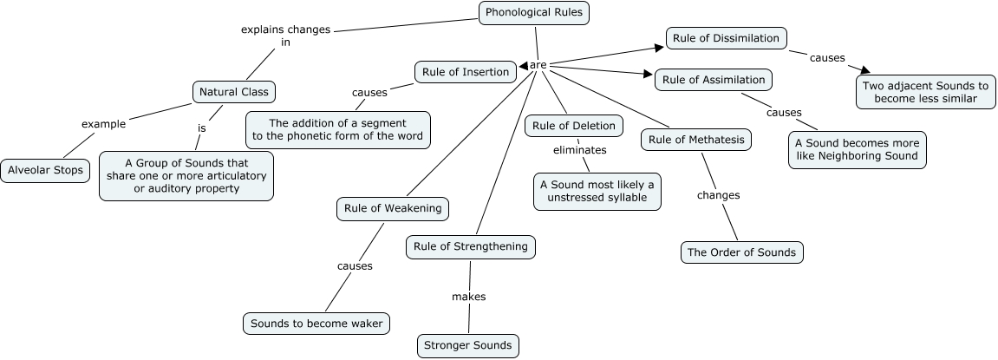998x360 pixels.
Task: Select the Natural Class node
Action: [x=232, y=92]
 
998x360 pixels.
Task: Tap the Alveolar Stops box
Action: [x=45, y=170]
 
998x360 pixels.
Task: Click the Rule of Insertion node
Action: [x=465, y=72]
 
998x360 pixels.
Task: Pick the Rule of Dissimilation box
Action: [x=727, y=37]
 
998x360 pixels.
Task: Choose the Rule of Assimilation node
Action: [x=713, y=80]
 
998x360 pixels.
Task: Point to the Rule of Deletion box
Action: [x=573, y=126]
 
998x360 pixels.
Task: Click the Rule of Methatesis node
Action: [x=695, y=140]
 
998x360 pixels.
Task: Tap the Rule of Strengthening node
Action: [x=470, y=246]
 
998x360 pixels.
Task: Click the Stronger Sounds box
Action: [x=468, y=345]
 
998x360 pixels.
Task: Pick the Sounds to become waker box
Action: [x=316, y=324]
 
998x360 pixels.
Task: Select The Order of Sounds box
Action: [x=741, y=252]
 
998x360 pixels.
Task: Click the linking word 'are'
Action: [x=538, y=65]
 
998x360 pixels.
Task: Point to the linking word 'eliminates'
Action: [x=579, y=150]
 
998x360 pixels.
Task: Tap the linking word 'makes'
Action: [x=468, y=297]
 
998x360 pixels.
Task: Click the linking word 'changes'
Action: [x=718, y=195]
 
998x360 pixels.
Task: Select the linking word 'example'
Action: [x=103, y=124]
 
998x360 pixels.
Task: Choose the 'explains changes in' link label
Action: [x=285, y=35]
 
